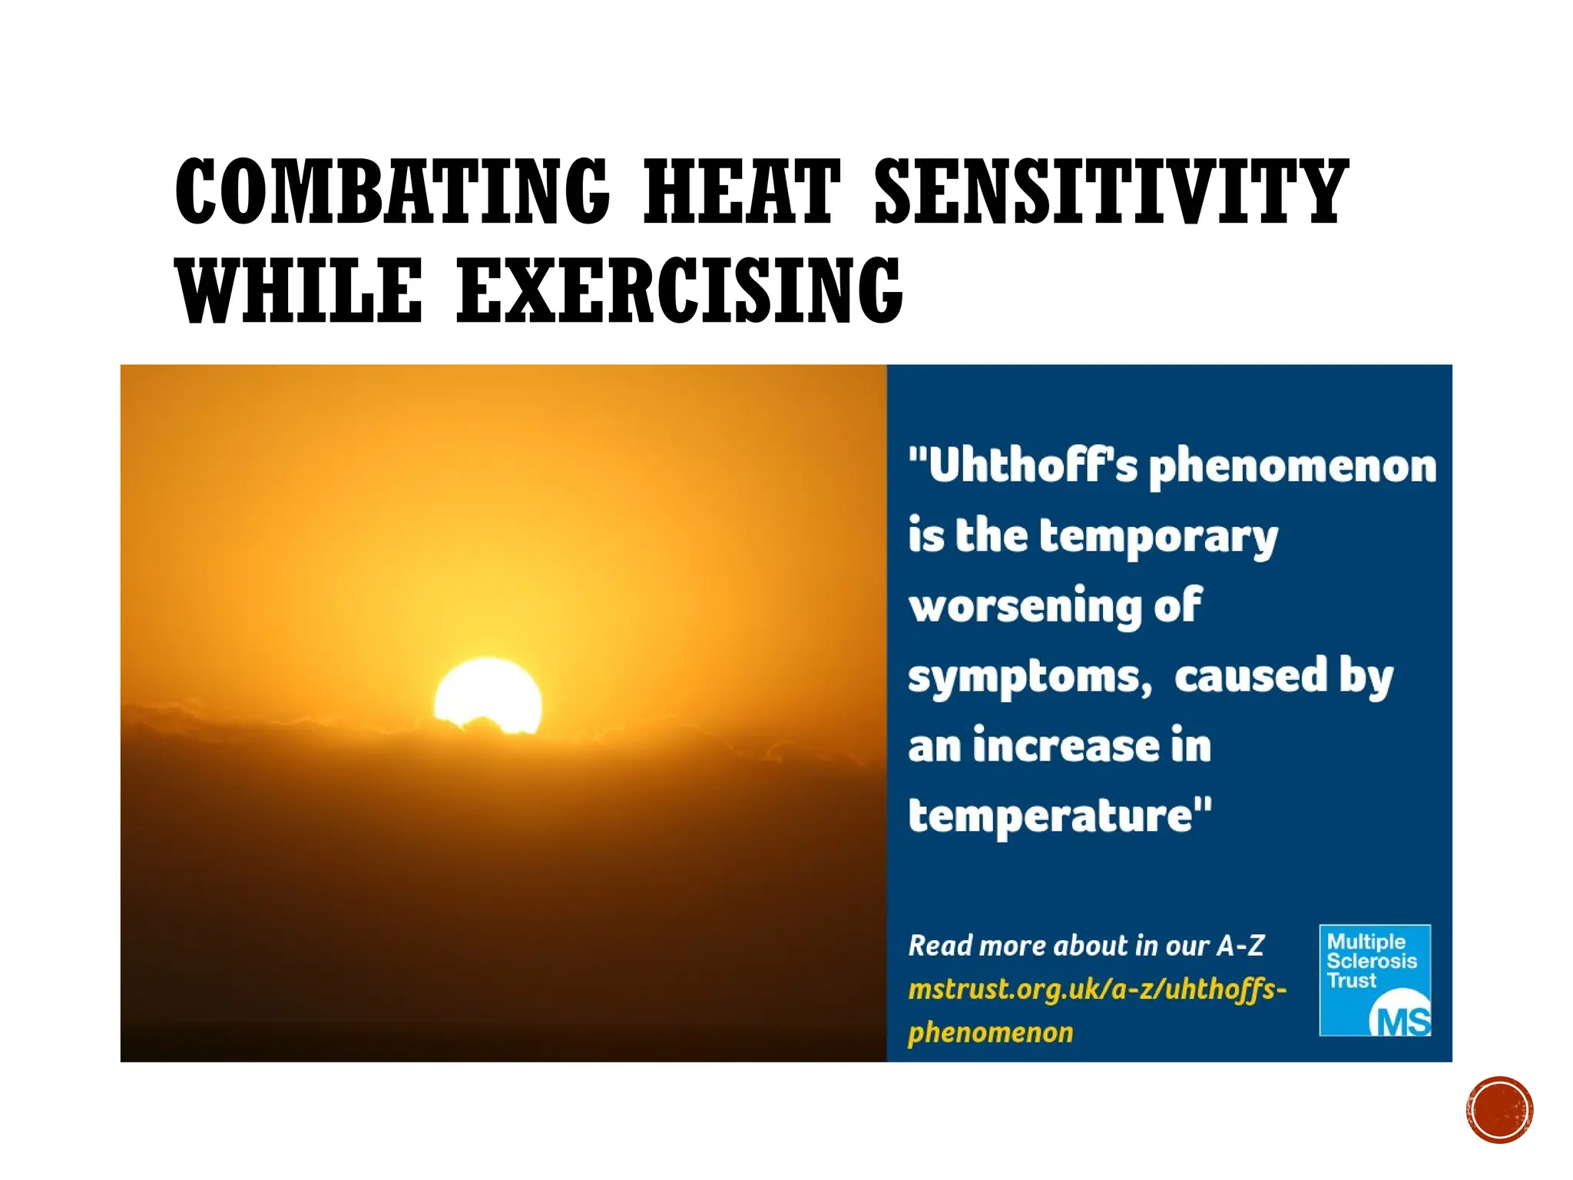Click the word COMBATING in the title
click(x=392, y=191)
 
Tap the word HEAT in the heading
click(x=740, y=191)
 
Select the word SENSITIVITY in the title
click(x=1111, y=191)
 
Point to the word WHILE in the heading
click(x=300, y=291)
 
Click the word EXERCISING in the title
click(x=680, y=291)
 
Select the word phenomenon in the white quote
click(x=1292, y=467)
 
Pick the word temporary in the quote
click(x=1157, y=537)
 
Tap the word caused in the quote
click(x=1250, y=676)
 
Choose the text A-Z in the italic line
click(x=1240, y=946)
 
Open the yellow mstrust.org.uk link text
click(x=1096, y=989)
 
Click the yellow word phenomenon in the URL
click(x=990, y=1032)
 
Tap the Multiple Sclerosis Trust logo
click(x=1374, y=979)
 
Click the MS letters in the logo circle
click(x=1402, y=1021)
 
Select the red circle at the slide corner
click(x=1499, y=1110)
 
